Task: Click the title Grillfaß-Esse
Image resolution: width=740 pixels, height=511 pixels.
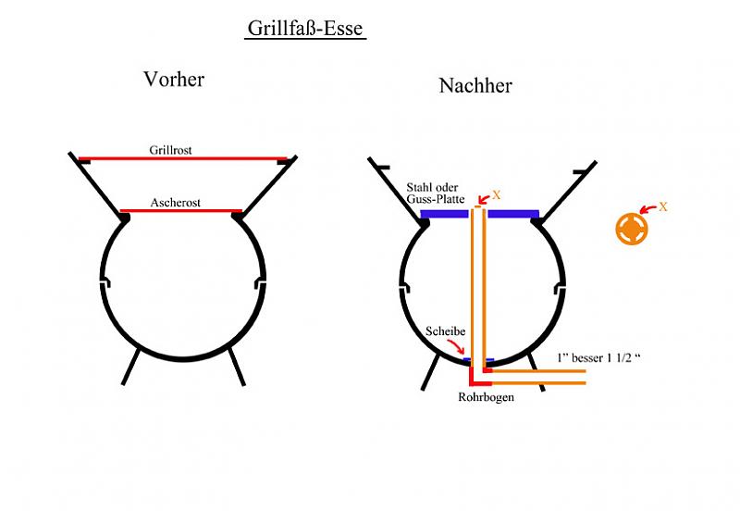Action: click(305, 29)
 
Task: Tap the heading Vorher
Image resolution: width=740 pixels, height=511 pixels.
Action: click(174, 80)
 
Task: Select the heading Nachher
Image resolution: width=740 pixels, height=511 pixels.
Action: click(475, 86)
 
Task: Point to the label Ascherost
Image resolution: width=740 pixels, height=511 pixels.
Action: click(176, 201)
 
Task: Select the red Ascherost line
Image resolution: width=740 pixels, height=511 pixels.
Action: click(181, 210)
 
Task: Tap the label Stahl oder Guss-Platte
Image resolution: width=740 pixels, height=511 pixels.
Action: click(438, 193)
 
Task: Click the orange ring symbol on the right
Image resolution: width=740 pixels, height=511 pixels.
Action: click(631, 229)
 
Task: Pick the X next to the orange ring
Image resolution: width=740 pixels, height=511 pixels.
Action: click(662, 206)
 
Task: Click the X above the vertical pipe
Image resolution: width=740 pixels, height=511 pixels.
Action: click(496, 195)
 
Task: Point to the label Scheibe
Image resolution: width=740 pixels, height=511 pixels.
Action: click(445, 331)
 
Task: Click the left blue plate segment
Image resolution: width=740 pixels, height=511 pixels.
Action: click(445, 214)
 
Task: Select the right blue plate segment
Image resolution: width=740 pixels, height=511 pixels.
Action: click(512, 214)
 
